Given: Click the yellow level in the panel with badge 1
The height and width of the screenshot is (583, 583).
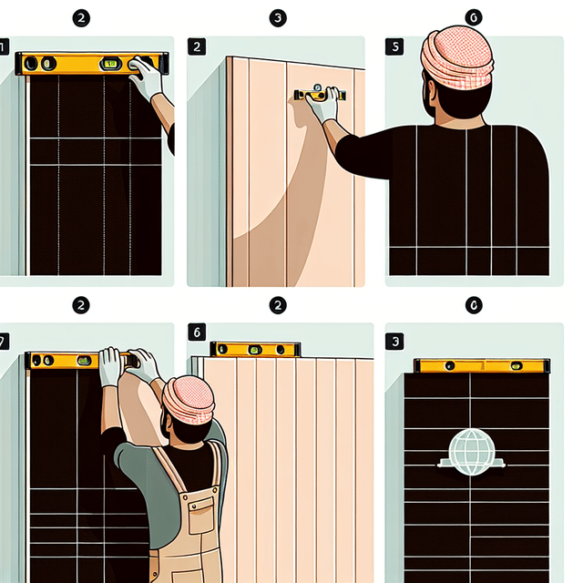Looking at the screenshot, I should [91, 64].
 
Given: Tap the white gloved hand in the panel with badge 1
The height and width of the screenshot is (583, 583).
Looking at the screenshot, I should [146, 77].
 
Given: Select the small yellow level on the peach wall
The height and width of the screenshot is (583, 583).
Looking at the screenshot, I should [319, 94].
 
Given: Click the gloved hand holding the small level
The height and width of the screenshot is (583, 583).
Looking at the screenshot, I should [322, 107].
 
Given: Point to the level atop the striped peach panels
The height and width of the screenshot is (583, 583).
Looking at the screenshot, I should [255, 349].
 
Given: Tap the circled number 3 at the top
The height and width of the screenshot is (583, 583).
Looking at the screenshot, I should [277, 17].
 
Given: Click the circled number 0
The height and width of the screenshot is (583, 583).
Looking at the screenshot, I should [473, 305].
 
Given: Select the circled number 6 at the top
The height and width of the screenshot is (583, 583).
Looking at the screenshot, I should [473, 17].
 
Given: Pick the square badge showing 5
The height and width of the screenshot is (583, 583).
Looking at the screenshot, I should [393, 46].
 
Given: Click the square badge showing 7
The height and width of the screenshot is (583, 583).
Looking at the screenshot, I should [4, 342].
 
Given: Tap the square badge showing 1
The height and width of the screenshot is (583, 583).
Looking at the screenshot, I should [4, 46].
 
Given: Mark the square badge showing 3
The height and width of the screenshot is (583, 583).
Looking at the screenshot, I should [393, 342].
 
